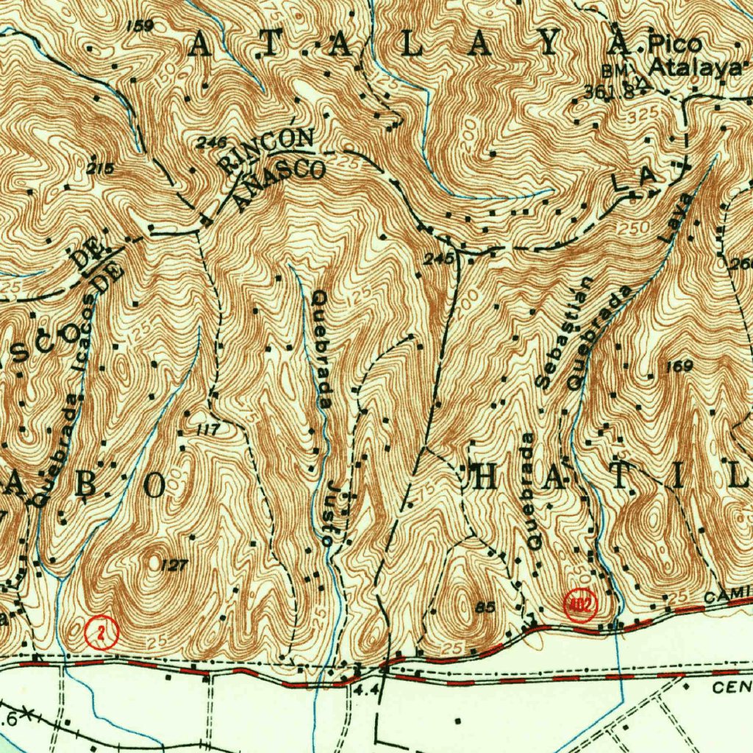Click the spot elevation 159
pyautogui.click(x=139, y=26)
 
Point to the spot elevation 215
pyautogui.click(x=100, y=168)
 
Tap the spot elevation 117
pyautogui.click(x=209, y=429)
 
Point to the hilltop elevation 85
pyautogui.click(x=485, y=607)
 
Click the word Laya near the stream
pyautogui.click(x=676, y=218)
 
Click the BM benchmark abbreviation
pyautogui.click(x=613, y=71)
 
